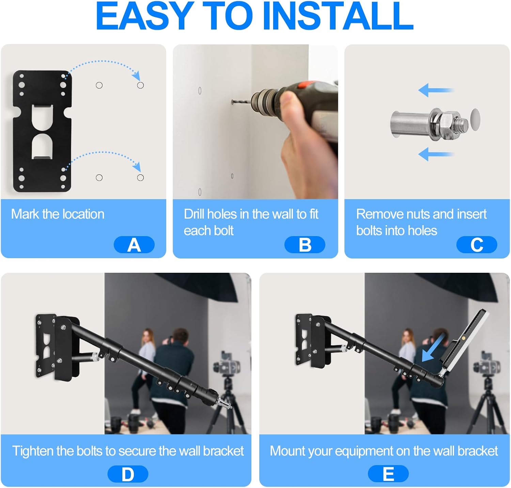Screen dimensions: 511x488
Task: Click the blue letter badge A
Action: pyautogui.click(x=134, y=245)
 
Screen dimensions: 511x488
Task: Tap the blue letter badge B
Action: pyautogui.click(x=305, y=245)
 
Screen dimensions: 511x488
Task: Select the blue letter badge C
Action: pyautogui.click(x=477, y=245)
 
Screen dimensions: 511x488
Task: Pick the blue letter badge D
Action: pyautogui.click(x=128, y=474)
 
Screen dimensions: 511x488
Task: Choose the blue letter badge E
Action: pyautogui.click(x=388, y=474)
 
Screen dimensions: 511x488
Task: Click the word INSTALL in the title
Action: pyautogui.click(x=338, y=16)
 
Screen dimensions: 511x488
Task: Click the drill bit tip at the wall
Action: pyautogui.click(x=232, y=102)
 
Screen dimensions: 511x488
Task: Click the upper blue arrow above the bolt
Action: pyautogui.click(x=436, y=91)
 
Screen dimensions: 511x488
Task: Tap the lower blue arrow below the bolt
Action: pyautogui.click(x=436, y=154)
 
